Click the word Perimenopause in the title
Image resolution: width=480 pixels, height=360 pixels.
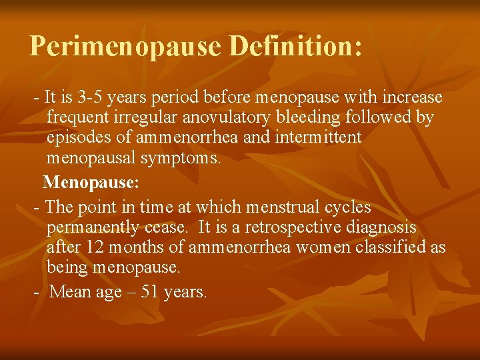coord(126,46)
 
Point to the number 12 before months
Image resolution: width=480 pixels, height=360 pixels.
coord(95,247)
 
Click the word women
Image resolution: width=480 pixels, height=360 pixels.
coord(313,247)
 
